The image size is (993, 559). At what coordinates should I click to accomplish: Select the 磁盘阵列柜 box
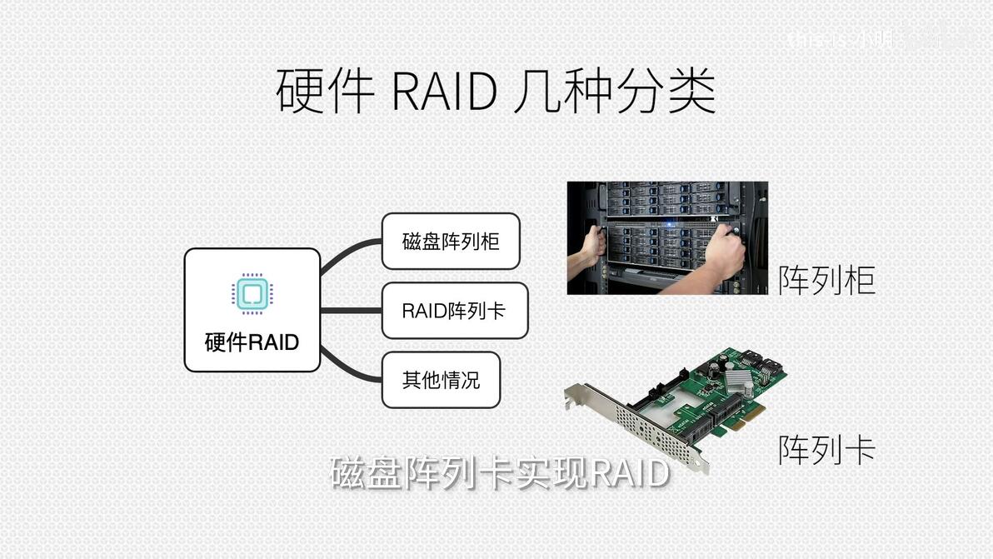tap(451, 242)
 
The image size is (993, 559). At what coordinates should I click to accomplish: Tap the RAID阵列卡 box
tap(454, 311)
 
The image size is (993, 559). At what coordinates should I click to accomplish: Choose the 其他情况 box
tap(441, 380)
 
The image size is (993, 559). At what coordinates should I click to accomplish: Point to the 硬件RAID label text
tap(252, 342)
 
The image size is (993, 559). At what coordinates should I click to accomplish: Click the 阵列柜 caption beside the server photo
tap(826, 280)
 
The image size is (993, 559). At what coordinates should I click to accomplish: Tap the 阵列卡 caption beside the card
tap(826, 450)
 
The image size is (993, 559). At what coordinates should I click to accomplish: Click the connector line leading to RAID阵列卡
tap(351, 311)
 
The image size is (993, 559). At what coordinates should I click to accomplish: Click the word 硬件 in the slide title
tap(325, 92)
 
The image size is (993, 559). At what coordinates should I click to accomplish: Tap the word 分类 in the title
tap(666, 92)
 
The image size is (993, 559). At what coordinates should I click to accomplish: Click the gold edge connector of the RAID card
tap(741, 433)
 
